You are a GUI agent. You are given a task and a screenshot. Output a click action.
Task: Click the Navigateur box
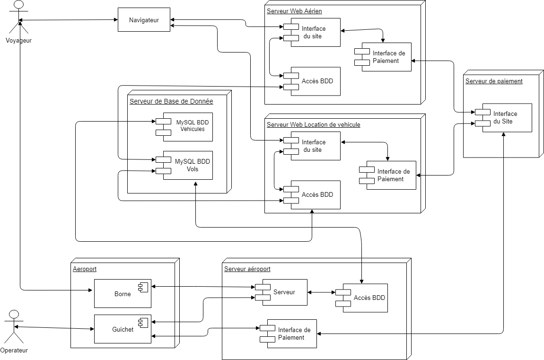point(144,20)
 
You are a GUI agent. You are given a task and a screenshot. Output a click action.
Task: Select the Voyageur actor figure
point(18,18)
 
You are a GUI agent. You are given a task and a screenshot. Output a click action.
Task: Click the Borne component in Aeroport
point(123,293)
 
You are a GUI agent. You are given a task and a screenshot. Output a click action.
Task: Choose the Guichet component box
point(123,329)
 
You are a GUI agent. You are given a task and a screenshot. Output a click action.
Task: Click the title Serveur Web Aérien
point(294,11)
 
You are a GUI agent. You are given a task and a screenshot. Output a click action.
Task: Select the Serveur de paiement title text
point(494,81)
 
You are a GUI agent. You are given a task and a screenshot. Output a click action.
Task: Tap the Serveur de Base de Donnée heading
point(171,101)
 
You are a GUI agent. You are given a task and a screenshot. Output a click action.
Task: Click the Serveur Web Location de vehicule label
point(313,124)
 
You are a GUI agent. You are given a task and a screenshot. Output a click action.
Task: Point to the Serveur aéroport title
point(247,269)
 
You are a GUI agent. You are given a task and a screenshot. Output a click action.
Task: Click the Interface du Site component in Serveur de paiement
point(503,118)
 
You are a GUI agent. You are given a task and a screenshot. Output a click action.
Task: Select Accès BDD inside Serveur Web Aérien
point(312,81)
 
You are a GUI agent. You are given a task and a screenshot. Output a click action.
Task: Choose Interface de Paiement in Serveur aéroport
point(288,334)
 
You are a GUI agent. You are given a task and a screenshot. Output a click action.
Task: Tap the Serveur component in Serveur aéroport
point(281,292)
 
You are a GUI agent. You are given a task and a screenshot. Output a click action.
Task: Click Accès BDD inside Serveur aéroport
point(361,298)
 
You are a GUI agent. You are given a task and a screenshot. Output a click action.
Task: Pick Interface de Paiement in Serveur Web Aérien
point(383,57)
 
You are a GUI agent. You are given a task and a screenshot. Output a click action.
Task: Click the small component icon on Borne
point(143,287)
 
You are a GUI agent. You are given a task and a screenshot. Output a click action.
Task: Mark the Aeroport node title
point(85,269)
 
